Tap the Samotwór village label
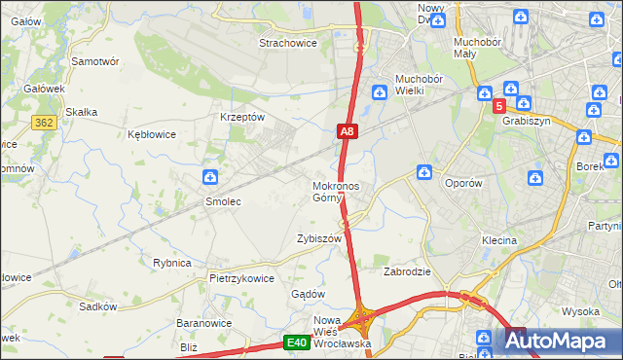(95, 60)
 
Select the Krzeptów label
(242, 117)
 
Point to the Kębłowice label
(152, 134)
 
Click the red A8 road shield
(348, 129)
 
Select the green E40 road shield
(298, 342)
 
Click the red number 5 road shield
(498, 106)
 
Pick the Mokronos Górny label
(336, 192)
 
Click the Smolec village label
(222, 201)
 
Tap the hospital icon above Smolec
(209, 176)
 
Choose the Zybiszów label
(319, 238)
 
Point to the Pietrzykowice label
(241, 278)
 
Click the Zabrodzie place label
(407, 271)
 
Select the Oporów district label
(463, 182)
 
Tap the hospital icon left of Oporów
(424, 172)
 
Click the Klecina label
(498, 239)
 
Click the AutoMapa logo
(560, 342)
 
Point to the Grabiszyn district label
(526, 122)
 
